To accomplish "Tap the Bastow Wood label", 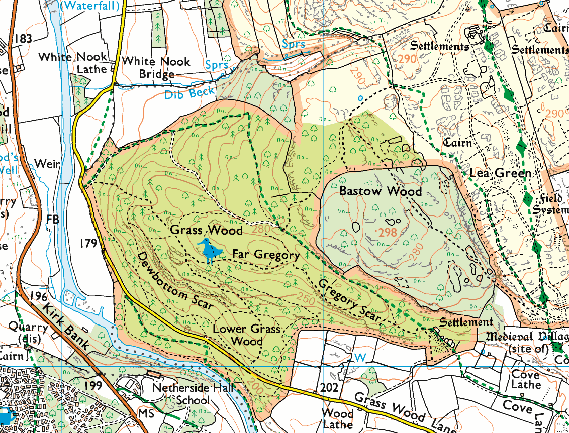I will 380,191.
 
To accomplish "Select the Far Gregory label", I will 265,255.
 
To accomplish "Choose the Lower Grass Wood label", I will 245,335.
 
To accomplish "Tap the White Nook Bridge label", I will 156,68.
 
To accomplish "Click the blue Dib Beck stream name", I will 189,92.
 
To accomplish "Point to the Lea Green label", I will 500,173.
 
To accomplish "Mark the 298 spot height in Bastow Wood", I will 387,232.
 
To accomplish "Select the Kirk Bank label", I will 66,327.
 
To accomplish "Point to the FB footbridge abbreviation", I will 52,220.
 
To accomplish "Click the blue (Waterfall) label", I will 92,6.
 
